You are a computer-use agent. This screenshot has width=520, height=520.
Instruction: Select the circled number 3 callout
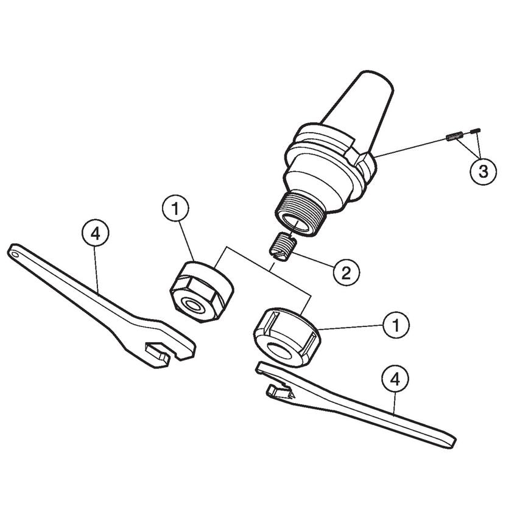point(483,171)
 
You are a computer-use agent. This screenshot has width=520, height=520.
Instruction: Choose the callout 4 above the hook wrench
point(395,379)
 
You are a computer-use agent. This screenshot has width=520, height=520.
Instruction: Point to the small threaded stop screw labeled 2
point(282,248)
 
